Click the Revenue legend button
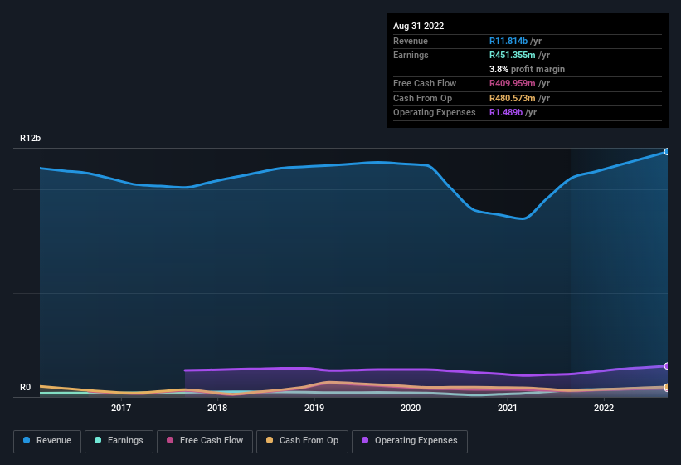(47, 441)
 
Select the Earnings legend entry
(119, 441)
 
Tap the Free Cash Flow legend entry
(205, 441)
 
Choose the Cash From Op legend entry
(303, 441)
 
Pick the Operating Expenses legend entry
(410, 441)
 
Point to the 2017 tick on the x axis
(121, 408)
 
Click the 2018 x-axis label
(217, 408)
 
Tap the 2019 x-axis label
(314, 408)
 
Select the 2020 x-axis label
(411, 408)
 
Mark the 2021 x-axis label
(508, 408)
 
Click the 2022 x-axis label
(604, 408)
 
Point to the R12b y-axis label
(32, 139)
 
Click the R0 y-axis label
(27, 387)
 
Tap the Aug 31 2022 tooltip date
(418, 26)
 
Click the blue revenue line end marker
(666, 152)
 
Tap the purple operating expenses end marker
(666, 366)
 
